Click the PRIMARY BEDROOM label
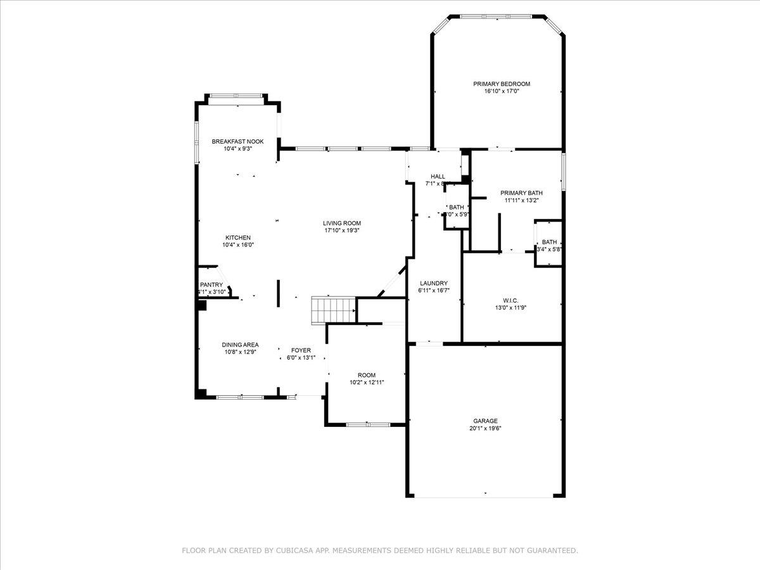click(x=502, y=84)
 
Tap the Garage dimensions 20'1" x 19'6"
click(x=485, y=428)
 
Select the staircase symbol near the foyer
click(x=332, y=310)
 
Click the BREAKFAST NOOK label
click(x=237, y=141)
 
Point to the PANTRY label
click(x=212, y=285)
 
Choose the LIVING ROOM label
click(x=342, y=223)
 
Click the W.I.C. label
click(x=510, y=300)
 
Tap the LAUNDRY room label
click(x=433, y=283)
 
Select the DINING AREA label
click(x=240, y=345)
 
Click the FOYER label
click(x=301, y=350)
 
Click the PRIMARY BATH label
click(x=521, y=193)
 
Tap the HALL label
click(x=438, y=177)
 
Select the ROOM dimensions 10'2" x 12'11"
click(x=367, y=383)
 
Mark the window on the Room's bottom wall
click(x=368, y=424)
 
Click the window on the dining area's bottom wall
click(x=240, y=397)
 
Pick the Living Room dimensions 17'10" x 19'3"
click(x=342, y=231)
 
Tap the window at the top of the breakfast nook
click(x=237, y=96)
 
